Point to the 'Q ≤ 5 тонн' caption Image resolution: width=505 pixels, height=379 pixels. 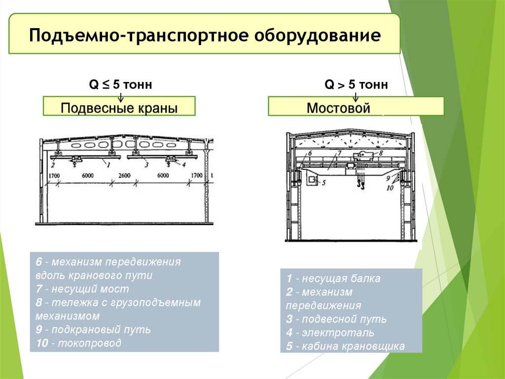[x=120, y=85]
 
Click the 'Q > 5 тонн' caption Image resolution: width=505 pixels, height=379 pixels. [x=356, y=85]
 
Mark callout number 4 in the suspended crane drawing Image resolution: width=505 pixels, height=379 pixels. [x=183, y=165]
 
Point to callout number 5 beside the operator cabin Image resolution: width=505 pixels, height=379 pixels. [x=324, y=182]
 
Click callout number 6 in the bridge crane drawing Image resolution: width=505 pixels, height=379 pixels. [x=310, y=153]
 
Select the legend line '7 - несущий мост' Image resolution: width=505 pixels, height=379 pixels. [x=82, y=289]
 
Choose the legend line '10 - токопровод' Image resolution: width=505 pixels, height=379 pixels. [x=78, y=343]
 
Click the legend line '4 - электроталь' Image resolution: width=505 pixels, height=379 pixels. [x=329, y=333]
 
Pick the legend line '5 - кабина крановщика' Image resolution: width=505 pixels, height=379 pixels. [x=345, y=346]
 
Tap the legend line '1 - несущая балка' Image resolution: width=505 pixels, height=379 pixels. [x=333, y=278]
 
